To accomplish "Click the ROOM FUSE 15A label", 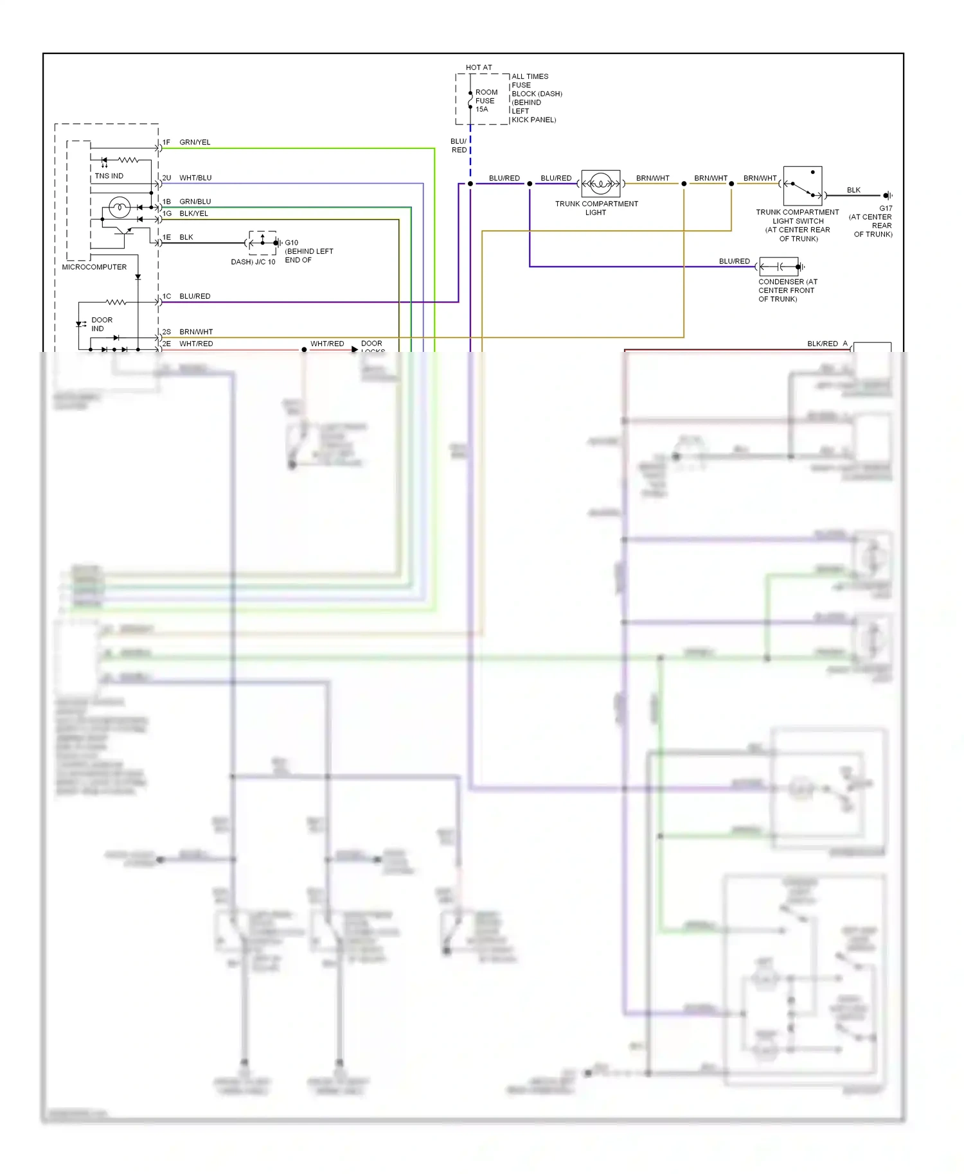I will tap(485, 101).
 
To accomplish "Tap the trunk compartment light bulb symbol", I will tap(601, 184).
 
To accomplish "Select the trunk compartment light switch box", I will tap(803, 186).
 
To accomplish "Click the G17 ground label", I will tap(886, 209).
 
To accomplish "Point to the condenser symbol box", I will tap(779, 267).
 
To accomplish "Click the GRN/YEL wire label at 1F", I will tap(195, 143).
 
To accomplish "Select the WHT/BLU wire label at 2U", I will tap(195, 178).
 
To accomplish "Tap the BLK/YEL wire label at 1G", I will tap(193, 214).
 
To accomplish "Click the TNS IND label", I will tap(109, 176).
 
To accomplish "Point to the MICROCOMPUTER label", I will tap(94, 267).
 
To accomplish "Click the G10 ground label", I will tap(292, 243).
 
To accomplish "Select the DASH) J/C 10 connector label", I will tap(253, 262).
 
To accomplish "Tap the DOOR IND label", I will tap(101, 324).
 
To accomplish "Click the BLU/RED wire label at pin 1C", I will tap(195, 297).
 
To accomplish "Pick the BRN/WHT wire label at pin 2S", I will tap(196, 332).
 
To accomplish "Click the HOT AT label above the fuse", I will tap(479, 67).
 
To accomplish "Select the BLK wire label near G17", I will tap(853, 190).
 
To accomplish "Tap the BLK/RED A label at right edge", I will tap(827, 344).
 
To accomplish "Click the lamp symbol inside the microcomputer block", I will tap(120, 207).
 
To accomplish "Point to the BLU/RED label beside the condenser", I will tap(734, 261).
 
